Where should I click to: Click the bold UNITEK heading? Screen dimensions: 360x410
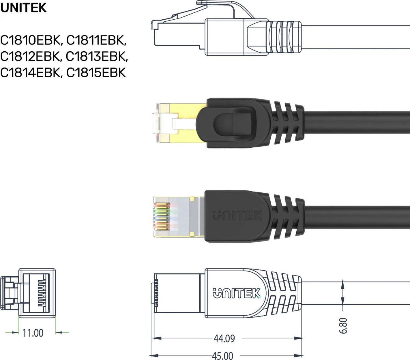tap(23, 7)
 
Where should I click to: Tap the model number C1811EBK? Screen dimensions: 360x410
tap(96, 40)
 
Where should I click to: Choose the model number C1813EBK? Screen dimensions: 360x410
tap(96, 57)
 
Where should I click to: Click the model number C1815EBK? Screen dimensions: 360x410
tap(96, 73)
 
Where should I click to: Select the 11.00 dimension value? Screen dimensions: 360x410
tap(33, 333)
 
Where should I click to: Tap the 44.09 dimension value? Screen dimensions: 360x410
tap(224, 338)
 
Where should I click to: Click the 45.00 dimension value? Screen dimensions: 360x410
tap(222, 355)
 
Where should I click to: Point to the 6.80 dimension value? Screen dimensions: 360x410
tap(343, 325)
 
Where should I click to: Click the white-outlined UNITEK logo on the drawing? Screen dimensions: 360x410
tap(237, 293)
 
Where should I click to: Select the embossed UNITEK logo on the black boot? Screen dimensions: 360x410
tap(237, 216)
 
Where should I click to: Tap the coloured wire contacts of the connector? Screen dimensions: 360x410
tap(162, 216)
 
